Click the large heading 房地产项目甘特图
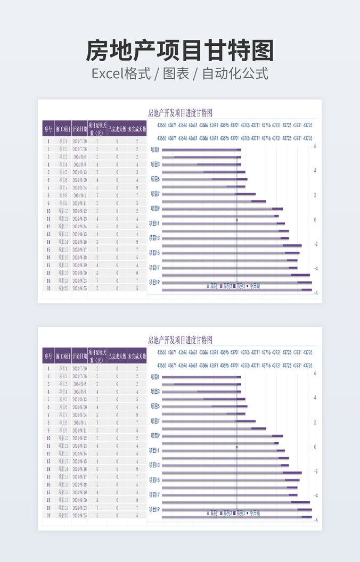pyautogui.click(x=180, y=51)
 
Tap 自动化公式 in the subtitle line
pyautogui.click(x=235, y=73)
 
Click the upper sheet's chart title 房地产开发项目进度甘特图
pyautogui.click(x=180, y=113)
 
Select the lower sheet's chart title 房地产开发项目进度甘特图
pyautogui.click(x=180, y=340)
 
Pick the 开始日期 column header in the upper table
pyautogui.click(x=79, y=129)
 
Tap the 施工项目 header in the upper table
pyautogui.click(x=63, y=129)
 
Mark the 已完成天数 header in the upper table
pyautogui.click(x=117, y=129)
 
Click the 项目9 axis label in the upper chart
pyautogui.click(x=155, y=209)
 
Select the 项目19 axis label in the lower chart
pyautogui.click(x=155, y=509)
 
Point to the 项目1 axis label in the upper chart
pyautogui.click(x=155, y=150)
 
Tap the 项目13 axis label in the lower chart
pyautogui.click(x=155, y=465)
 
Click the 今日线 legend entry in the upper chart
pyautogui.click(x=255, y=286)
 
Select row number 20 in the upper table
pyautogui.click(x=48, y=288)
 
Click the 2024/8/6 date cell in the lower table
pyautogui.click(x=79, y=384)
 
